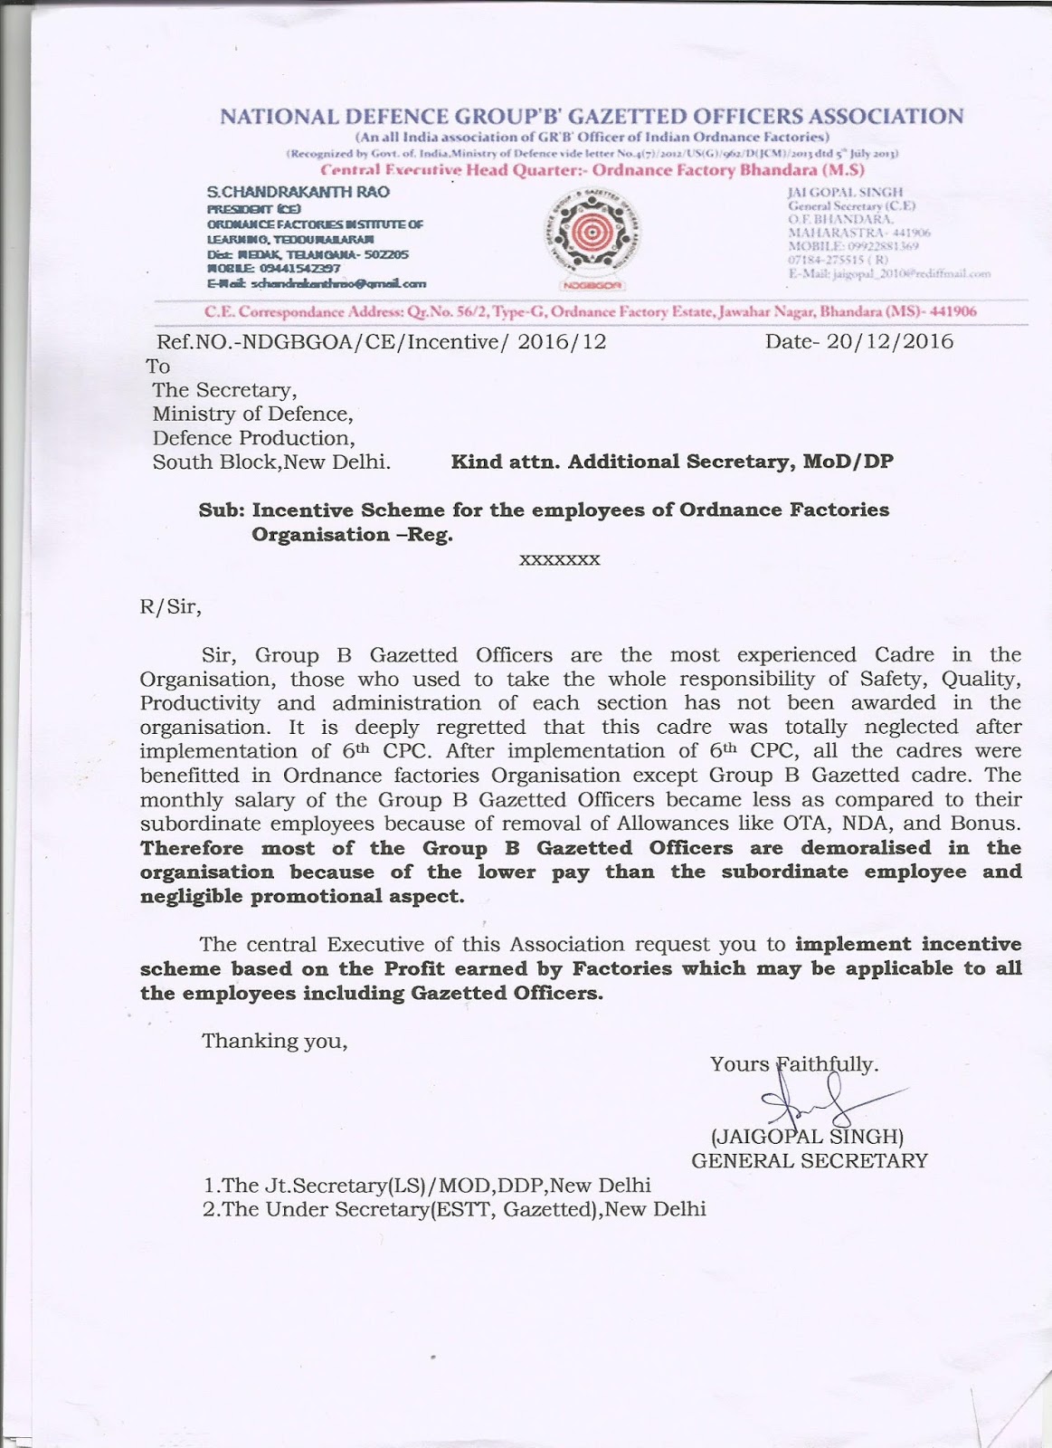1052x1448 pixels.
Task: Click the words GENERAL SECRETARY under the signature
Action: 809,1160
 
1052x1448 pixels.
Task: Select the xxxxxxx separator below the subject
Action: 559,560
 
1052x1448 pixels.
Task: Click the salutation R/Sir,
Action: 171,606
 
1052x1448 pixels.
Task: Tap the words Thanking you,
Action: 275,1041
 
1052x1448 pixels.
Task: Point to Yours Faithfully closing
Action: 794,1063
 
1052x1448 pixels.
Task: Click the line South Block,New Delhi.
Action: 271,462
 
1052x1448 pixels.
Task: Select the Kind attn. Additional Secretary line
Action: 672,462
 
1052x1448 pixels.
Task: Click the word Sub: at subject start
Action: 222,510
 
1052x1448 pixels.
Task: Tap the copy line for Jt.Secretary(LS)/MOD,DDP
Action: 427,1186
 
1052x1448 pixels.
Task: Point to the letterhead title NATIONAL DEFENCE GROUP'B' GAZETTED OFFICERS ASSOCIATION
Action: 592,117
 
